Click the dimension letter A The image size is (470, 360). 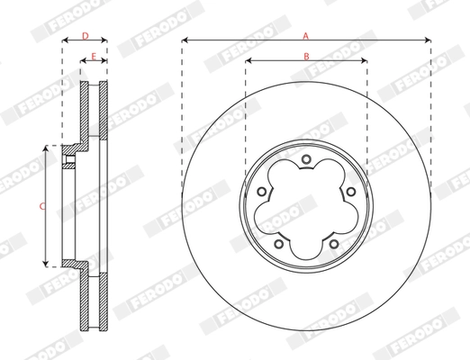[x=305, y=35]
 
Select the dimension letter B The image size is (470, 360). [x=305, y=56]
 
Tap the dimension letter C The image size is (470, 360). [x=41, y=206]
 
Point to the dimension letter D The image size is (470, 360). [x=85, y=35]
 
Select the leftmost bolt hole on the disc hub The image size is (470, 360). [x=262, y=192]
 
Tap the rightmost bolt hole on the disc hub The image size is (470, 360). [x=350, y=192]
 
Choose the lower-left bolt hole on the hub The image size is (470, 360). [x=279, y=243]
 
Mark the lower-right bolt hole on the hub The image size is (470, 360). [x=333, y=243]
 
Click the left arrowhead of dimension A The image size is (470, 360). [x=185, y=40]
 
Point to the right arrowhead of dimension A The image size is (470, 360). [x=428, y=40]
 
